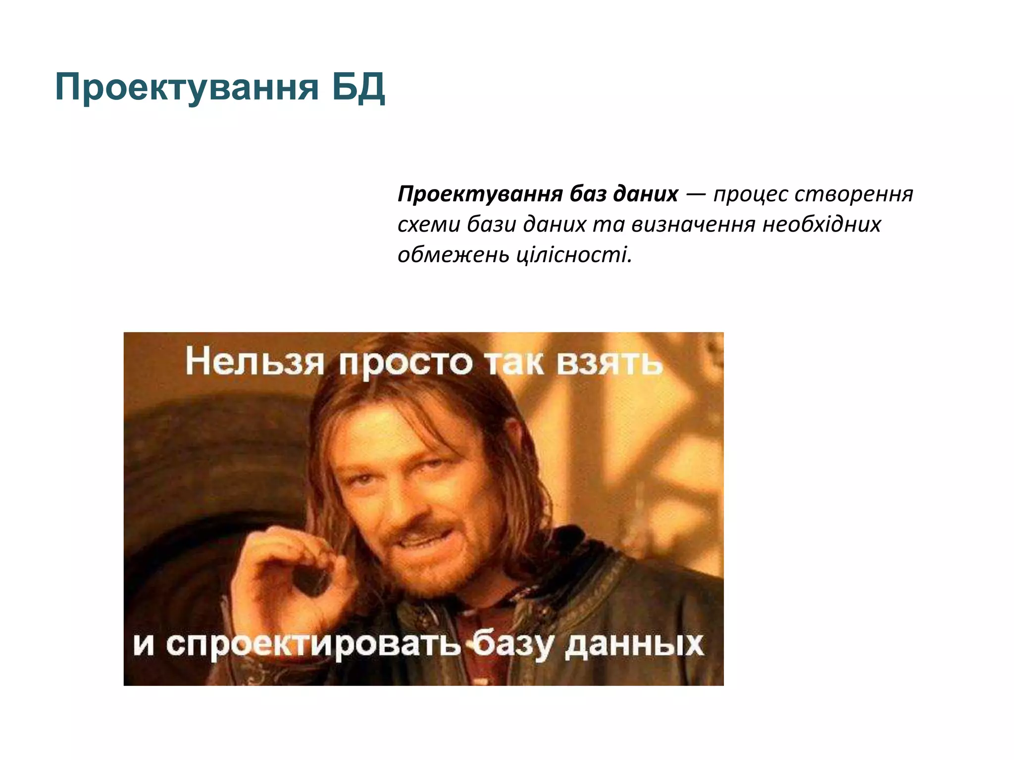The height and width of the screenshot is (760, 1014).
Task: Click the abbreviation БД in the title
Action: pyautogui.click(x=357, y=88)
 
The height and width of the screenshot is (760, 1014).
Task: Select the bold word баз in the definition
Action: pyautogui.click(x=587, y=194)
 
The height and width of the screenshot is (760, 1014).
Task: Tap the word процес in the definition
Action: pyautogui.click(x=751, y=194)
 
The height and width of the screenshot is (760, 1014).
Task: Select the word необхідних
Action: pyautogui.click(x=822, y=225)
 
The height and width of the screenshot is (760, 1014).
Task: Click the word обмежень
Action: pyautogui.click(x=453, y=255)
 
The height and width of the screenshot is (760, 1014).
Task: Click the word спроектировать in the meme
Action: pyautogui.click(x=313, y=644)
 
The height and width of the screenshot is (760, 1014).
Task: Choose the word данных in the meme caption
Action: pyautogui.click(x=634, y=644)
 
